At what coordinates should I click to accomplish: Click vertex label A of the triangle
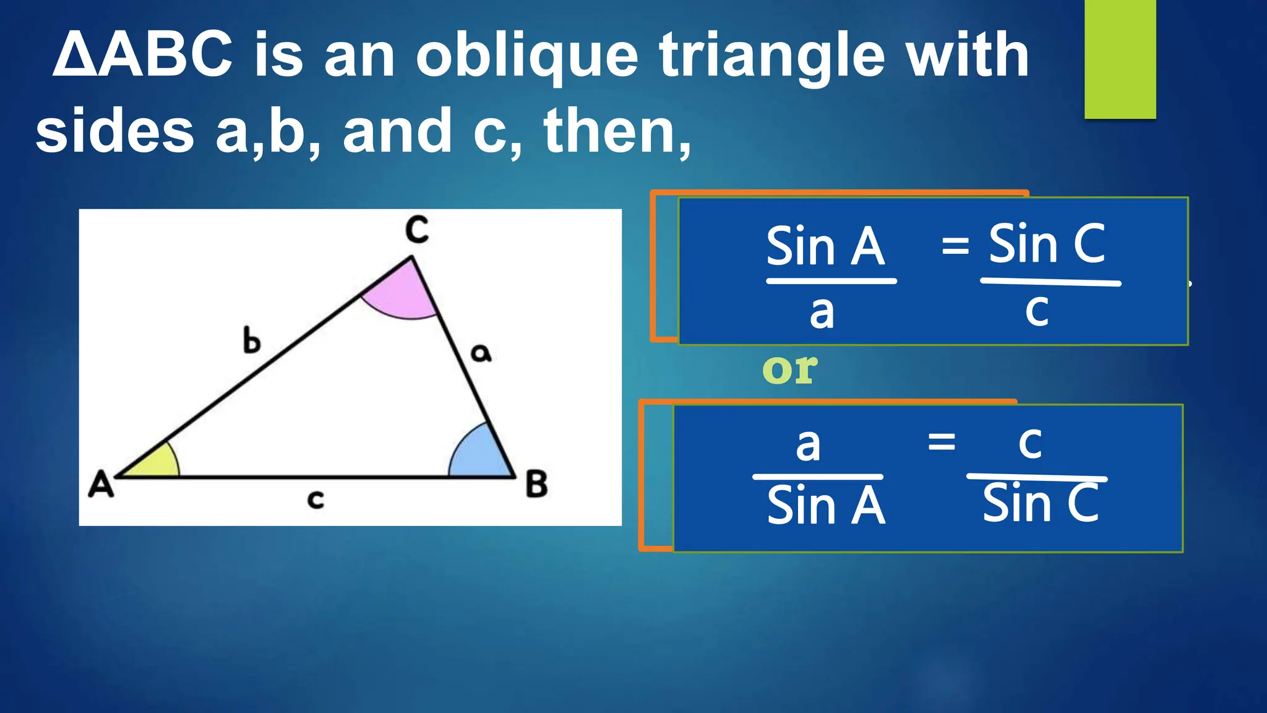click(x=101, y=484)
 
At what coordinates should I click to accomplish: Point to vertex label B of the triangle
click(x=536, y=484)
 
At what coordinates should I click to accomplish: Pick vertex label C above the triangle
click(x=417, y=230)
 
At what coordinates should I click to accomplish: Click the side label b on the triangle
click(x=251, y=341)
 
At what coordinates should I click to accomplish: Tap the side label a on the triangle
click(x=481, y=353)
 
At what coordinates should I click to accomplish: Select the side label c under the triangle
click(x=316, y=499)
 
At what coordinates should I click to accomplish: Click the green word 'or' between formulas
click(x=789, y=369)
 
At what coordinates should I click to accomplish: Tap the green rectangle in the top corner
click(x=1120, y=59)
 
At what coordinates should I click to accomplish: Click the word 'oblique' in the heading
click(x=526, y=58)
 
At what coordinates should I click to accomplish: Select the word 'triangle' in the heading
click(x=771, y=58)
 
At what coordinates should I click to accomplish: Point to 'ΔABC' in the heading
click(x=143, y=56)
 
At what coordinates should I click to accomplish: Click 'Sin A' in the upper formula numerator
click(x=825, y=247)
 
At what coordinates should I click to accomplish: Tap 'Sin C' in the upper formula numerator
click(x=1047, y=244)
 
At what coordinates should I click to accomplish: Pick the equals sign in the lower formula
click(x=942, y=442)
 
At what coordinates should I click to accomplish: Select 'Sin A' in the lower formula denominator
click(x=826, y=506)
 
